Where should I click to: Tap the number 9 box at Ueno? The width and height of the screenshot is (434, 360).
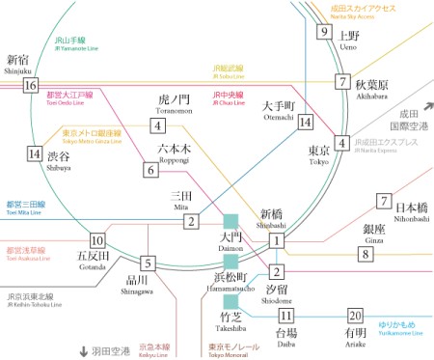pos(324,32)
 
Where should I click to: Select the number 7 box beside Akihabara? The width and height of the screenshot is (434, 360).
pos(342,82)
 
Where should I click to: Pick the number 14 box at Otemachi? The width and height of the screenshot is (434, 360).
pos(307,122)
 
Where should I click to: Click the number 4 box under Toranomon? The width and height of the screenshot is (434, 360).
pos(157,125)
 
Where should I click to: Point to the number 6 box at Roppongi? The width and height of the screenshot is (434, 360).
pos(150,170)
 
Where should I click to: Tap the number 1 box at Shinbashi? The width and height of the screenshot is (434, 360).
pos(277,240)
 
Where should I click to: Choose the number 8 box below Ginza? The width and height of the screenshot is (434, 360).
pos(365,254)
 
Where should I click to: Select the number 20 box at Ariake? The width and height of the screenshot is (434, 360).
pos(356,316)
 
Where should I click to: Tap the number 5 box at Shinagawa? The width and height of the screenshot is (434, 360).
pos(148,263)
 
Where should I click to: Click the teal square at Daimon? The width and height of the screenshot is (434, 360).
pos(231,221)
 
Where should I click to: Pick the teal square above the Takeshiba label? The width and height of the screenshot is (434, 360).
pos(231,299)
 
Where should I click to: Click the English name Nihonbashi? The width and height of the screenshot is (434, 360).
pos(396,218)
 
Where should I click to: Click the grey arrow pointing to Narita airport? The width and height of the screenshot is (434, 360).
pos(426,110)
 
